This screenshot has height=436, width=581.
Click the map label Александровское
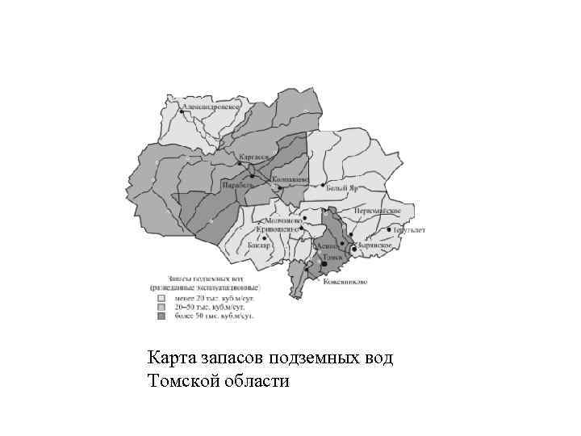(212, 106)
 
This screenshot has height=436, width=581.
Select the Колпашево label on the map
(289, 180)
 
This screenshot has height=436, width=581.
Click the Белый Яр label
(341, 187)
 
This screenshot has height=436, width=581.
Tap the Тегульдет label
(409, 230)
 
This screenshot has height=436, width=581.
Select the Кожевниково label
(345, 281)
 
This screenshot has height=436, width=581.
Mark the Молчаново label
(278, 220)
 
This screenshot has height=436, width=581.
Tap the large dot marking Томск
(324, 264)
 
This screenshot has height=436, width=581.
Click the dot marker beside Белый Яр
(323, 186)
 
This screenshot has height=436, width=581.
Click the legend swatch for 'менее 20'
(160, 296)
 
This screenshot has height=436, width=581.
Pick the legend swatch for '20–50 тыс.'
(160, 306)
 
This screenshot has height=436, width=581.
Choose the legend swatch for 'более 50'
(160, 316)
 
